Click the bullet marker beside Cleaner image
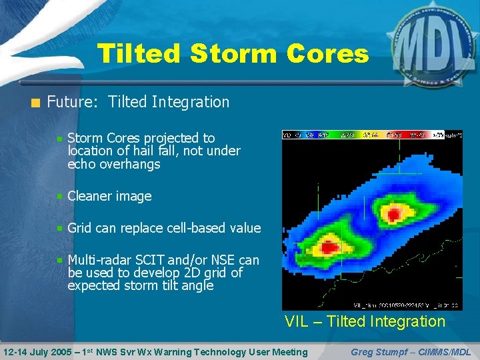point(60,197)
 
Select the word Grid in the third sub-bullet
point(80,228)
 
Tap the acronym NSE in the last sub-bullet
point(225,260)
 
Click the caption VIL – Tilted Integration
point(365,321)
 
